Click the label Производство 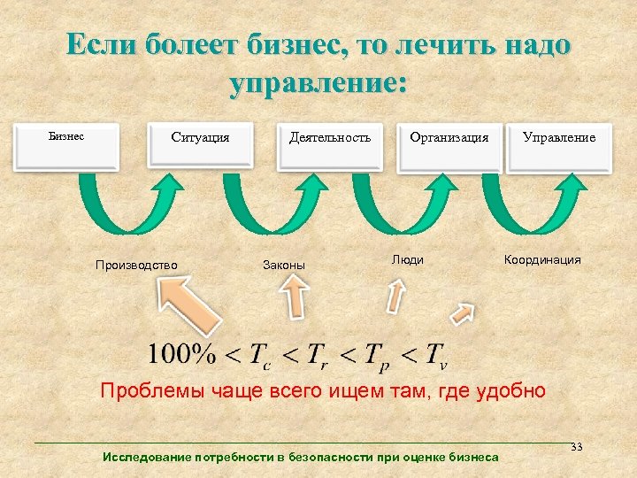(x=137, y=264)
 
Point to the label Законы (x=284, y=264)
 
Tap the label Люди (x=408, y=259)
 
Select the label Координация (x=542, y=259)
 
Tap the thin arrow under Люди (x=395, y=296)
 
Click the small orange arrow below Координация (x=462, y=313)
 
